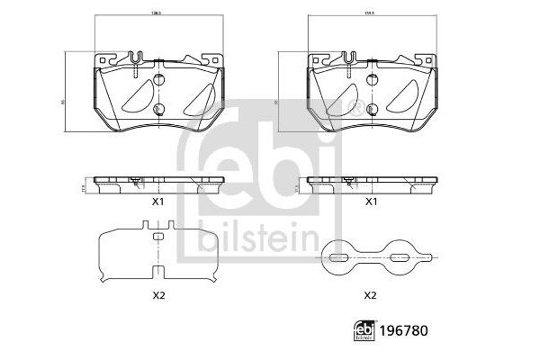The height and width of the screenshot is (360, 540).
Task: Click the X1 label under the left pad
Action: (157, 202)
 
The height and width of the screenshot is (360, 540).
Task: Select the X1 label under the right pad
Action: (370, 202)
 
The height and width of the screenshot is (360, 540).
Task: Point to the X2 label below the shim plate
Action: (157, 294)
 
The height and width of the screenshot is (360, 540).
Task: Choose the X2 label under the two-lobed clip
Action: (370, 294)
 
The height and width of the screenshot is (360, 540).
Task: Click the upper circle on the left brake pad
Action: (157, 83)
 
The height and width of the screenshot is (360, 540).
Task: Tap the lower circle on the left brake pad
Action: (157, 110)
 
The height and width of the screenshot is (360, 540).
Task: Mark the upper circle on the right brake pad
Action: (370, 83)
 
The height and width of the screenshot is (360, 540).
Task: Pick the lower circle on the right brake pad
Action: (370, 110)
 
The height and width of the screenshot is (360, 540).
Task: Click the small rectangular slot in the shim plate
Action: (157, 237)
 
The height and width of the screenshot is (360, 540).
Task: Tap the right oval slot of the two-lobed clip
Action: (397, 258)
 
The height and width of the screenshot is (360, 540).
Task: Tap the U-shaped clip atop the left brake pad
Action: (136, 60)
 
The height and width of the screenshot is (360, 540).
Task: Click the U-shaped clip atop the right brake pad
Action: (348, 60)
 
